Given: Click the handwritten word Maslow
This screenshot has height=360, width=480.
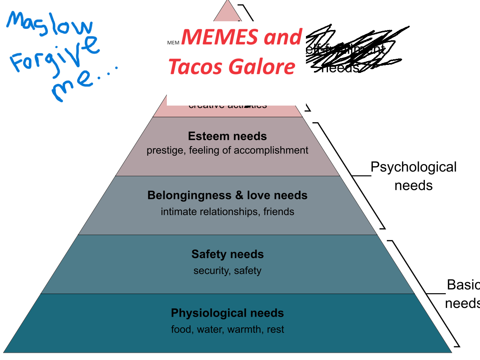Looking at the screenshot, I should click(49, 25).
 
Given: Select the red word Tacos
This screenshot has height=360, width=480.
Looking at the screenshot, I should click(195, 66).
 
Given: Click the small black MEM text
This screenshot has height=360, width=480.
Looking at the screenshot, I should click(173, 43).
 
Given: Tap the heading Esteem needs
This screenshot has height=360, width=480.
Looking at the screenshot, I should click(227, 136).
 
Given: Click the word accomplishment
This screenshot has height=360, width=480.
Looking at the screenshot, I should click(271, 150).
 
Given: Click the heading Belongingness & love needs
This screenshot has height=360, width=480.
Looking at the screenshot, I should click(227, 195).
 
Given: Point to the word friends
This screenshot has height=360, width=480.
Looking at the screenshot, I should click(279, 212).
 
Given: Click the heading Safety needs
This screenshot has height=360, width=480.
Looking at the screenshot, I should click(227, 254).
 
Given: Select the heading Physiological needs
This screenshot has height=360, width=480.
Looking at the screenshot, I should click(227, 313).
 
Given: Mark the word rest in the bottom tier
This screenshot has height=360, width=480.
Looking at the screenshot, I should click(276, 329).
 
